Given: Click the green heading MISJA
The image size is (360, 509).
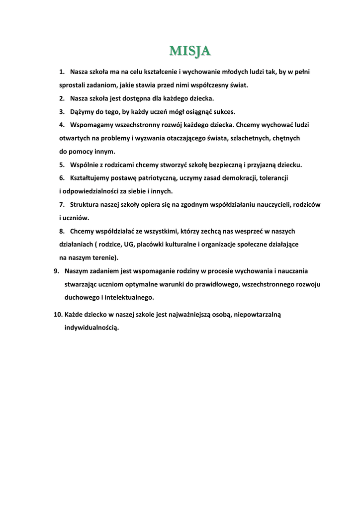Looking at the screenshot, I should click(x=190, y=51).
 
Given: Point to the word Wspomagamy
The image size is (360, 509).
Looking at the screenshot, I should click(x=92, y=125).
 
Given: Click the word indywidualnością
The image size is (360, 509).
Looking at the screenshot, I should click(x=92, y=328).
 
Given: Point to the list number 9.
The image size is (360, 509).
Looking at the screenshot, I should click(x=57, y=271).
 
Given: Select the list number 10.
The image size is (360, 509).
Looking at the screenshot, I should click(x=58, y=315).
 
